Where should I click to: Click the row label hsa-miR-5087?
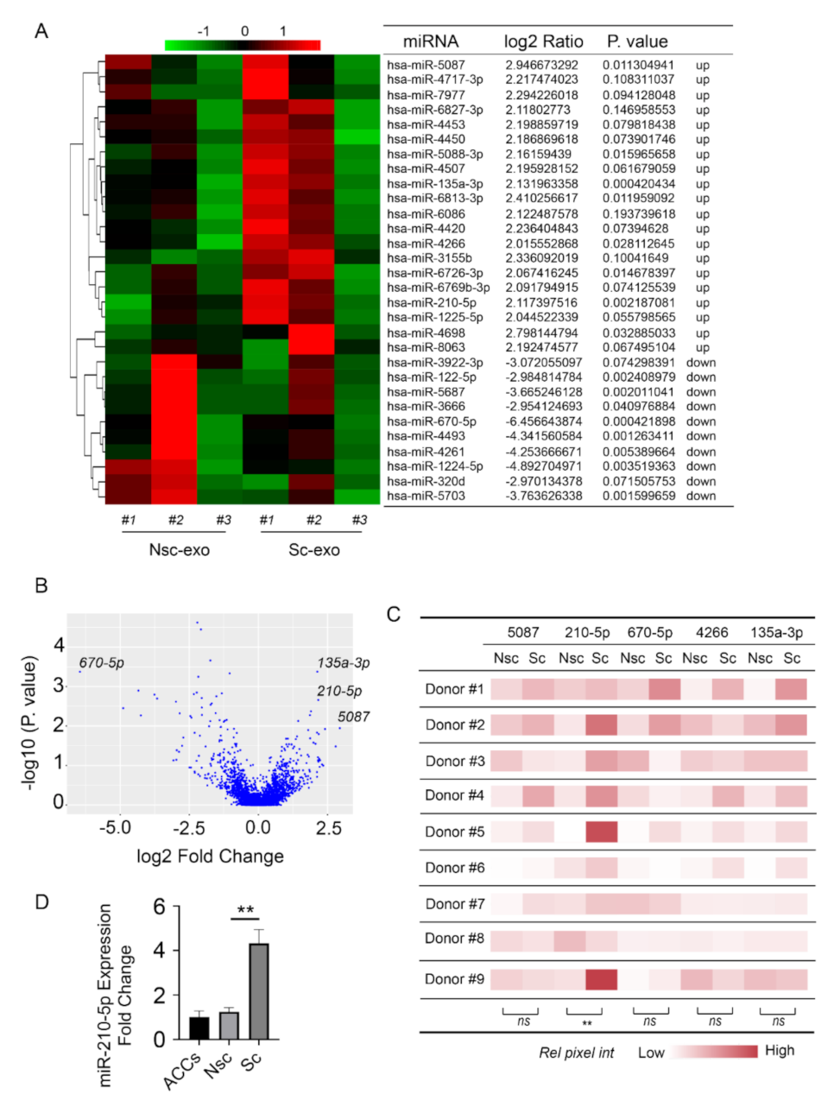point(426,65)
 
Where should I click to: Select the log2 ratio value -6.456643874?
point(543,421)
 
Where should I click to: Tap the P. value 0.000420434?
point(639,184)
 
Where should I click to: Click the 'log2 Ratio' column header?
point(543,41)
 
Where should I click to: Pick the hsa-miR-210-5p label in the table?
point(431,302)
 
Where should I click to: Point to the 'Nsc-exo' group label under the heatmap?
point(179,550)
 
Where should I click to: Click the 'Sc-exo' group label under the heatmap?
point(313,550)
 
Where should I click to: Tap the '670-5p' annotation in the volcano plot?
point(101,663)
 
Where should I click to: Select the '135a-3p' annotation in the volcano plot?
point(344,663)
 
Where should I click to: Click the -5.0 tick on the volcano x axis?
point(115,827)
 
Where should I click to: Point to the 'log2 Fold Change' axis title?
point(210,857)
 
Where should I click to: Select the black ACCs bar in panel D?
point(199,1028)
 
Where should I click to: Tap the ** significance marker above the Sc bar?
point(245,910)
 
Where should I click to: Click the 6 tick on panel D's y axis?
point(159,907)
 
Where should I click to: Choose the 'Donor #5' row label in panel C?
point(454,832)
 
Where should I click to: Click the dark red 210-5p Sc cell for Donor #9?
point(601,979)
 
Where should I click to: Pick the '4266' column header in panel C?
point(711,632)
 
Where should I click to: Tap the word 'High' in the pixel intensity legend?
point(779,1051)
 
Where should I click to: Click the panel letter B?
point(41,585)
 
